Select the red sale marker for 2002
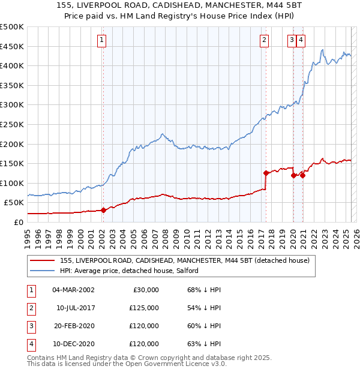103,210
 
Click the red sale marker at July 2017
266,173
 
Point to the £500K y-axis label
12,27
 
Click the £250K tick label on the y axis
12,124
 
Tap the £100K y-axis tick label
12,183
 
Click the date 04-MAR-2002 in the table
73,290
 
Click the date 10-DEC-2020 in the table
73,344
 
